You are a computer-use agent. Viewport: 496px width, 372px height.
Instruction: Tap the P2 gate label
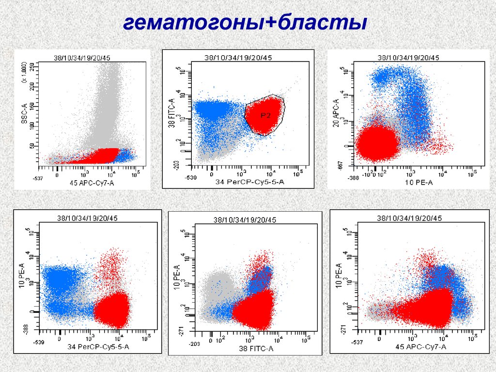click(x=264, y=115)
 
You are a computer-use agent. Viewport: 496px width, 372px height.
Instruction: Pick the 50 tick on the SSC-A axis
click(x=32, y=146)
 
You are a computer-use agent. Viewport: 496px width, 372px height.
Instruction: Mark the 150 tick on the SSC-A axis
click(x=32, y=105)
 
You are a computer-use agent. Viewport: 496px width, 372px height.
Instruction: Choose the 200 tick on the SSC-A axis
click(x=32, y=85)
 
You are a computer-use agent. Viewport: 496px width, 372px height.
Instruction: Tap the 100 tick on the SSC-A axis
click(x=32, y=125)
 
